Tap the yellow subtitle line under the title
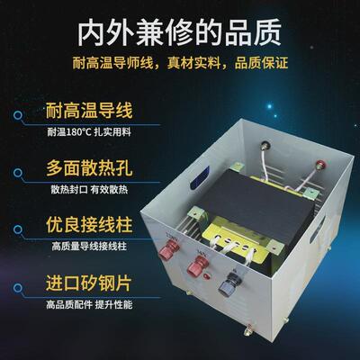[179, 64]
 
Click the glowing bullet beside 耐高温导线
[20, 113]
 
